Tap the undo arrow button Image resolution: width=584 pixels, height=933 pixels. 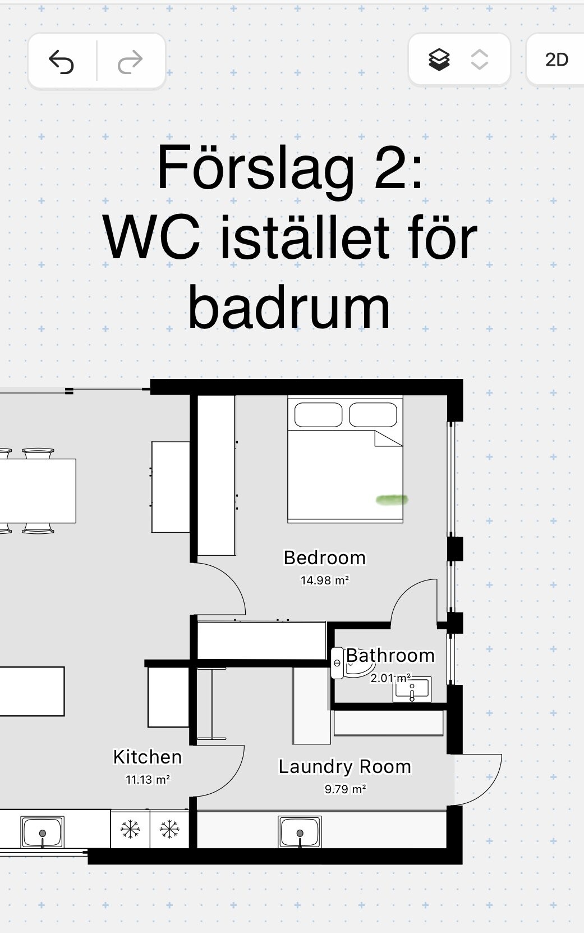61,61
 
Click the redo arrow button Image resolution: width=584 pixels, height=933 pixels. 130,62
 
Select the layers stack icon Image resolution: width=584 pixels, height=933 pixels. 439,60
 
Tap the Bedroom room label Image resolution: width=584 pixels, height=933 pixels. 325,557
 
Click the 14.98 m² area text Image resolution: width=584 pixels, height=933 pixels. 325,580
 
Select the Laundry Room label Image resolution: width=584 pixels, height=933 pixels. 344,767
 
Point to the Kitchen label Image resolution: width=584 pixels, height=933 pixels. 148,757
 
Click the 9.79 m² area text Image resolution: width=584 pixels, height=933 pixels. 345,789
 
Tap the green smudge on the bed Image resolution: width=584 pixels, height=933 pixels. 392,500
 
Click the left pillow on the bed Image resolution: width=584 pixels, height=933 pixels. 319,415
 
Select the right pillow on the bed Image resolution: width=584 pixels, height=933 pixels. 373,415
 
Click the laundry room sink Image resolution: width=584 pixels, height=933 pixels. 300,832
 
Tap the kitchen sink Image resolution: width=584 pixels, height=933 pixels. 43,832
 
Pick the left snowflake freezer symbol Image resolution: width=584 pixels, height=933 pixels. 130,829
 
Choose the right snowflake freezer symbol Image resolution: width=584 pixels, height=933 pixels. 169,829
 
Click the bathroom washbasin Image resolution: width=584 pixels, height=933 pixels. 412,689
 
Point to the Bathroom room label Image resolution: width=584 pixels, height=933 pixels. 390,656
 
